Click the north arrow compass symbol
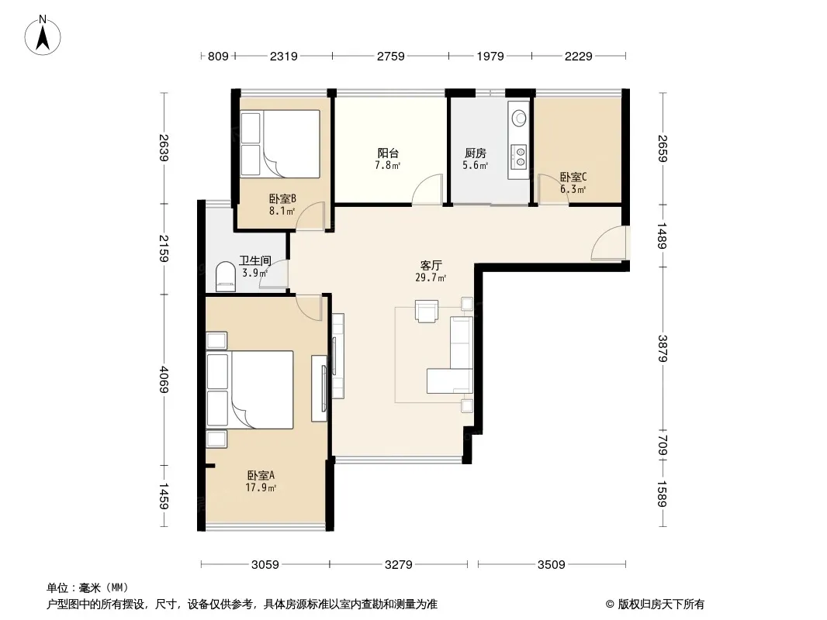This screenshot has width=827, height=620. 43,36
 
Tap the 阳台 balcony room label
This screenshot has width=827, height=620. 388,153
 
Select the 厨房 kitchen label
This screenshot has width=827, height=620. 476,153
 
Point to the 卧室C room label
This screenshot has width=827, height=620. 573,177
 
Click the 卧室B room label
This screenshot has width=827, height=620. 282,198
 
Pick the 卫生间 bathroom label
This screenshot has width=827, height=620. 255,260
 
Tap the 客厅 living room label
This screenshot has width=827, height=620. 431,266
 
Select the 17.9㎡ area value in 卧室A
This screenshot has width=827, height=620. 261,487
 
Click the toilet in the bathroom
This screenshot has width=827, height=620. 226,277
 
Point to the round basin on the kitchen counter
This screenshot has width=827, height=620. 520,118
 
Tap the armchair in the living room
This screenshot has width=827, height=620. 427,311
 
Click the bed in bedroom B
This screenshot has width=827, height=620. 280,144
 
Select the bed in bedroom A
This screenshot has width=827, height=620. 250,390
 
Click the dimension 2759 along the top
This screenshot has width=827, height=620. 390,56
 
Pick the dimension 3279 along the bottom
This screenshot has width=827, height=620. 398,565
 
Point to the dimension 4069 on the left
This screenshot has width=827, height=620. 164,379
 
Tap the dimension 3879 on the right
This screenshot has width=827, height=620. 663,349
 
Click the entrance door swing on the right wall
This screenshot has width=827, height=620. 610,243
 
